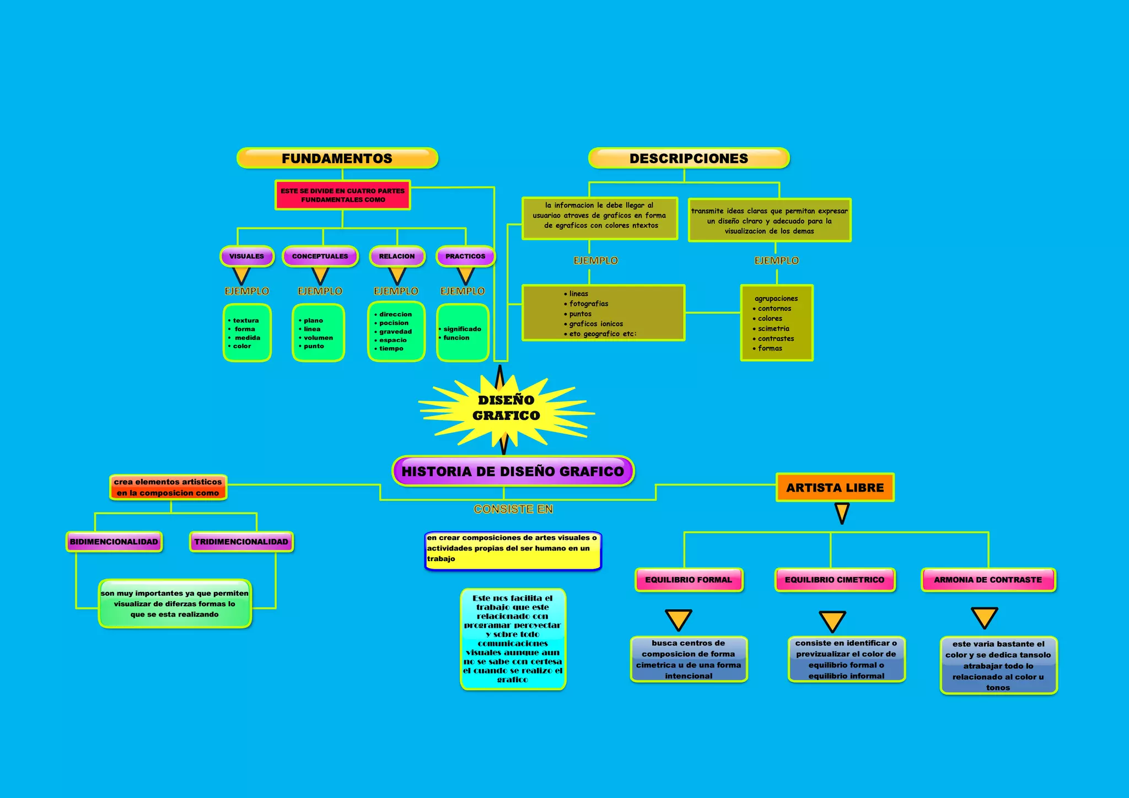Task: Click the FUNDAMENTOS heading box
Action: [337, 158]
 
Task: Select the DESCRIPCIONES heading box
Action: [689, 158]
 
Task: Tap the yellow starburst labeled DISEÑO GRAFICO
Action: [506, 408]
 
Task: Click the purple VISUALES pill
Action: [246, 256]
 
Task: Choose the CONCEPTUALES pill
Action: [320, 256]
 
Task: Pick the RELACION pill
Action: [396, 256]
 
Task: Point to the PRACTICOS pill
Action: [465, 256]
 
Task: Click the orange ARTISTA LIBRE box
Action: [835, 488]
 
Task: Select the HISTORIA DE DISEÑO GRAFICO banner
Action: [513, 471]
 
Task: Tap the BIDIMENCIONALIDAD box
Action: [114, 542]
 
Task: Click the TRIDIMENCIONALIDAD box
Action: [241, 542]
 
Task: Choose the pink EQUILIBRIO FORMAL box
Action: [689, 580]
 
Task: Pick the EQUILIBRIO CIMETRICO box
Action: [835, 580]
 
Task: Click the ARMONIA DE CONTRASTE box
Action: [988, 580]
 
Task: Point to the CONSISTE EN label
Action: [513, 509]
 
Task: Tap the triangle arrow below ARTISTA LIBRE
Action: [842, 513]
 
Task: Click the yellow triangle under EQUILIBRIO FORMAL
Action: [679, 619]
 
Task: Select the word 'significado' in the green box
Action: [462, 329]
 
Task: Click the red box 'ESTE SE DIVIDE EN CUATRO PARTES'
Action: [342, 195]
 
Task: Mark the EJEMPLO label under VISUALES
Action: [246, 291]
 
